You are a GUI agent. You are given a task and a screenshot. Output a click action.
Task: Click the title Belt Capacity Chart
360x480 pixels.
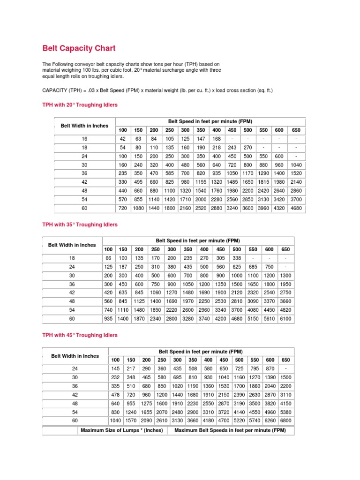point(79,48)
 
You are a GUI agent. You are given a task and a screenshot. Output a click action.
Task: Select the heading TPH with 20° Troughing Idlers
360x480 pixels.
point(80,105)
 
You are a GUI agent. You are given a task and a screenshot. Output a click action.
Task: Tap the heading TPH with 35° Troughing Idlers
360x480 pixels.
point(80,225)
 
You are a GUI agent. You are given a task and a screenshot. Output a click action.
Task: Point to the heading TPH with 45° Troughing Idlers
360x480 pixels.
point(80,335)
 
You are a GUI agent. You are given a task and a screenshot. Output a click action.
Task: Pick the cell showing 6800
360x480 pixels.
point(285,420)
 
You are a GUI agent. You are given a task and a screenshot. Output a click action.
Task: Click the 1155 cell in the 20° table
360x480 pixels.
point(201,181)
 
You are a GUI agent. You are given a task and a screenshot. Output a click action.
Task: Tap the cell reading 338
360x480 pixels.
point(237,258)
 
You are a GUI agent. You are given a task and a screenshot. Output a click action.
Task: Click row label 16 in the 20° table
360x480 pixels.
point(85,139)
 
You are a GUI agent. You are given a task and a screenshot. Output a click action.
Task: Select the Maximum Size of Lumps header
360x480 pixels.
point(121,430)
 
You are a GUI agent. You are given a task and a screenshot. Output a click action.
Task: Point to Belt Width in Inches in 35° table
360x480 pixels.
point(72,245)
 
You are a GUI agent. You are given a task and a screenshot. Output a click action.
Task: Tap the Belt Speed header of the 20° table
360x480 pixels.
point(210,121)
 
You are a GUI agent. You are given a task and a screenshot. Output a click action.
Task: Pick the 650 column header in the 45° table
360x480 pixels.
point(285,360)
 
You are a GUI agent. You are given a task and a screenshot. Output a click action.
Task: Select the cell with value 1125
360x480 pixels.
point(139,301)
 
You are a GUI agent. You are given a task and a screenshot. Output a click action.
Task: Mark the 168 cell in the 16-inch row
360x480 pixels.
point(217,139)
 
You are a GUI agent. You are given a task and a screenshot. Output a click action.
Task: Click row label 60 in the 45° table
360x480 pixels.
point(75,420)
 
